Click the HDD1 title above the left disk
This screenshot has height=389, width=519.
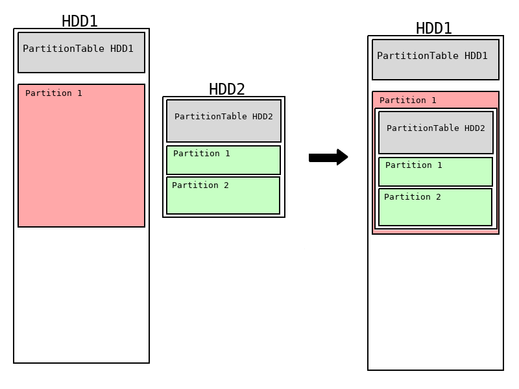80,21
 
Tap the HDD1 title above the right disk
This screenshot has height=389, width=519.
434,29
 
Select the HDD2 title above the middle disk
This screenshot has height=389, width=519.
227,89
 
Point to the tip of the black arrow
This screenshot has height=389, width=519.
346,158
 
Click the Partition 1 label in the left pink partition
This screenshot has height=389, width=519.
54,93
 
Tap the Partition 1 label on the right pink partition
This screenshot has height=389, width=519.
408,100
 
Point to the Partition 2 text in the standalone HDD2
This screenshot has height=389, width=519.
200,185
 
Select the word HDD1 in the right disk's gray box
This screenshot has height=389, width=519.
476,56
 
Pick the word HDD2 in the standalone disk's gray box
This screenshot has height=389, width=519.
263,117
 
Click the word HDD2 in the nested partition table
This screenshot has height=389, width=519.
475,128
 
